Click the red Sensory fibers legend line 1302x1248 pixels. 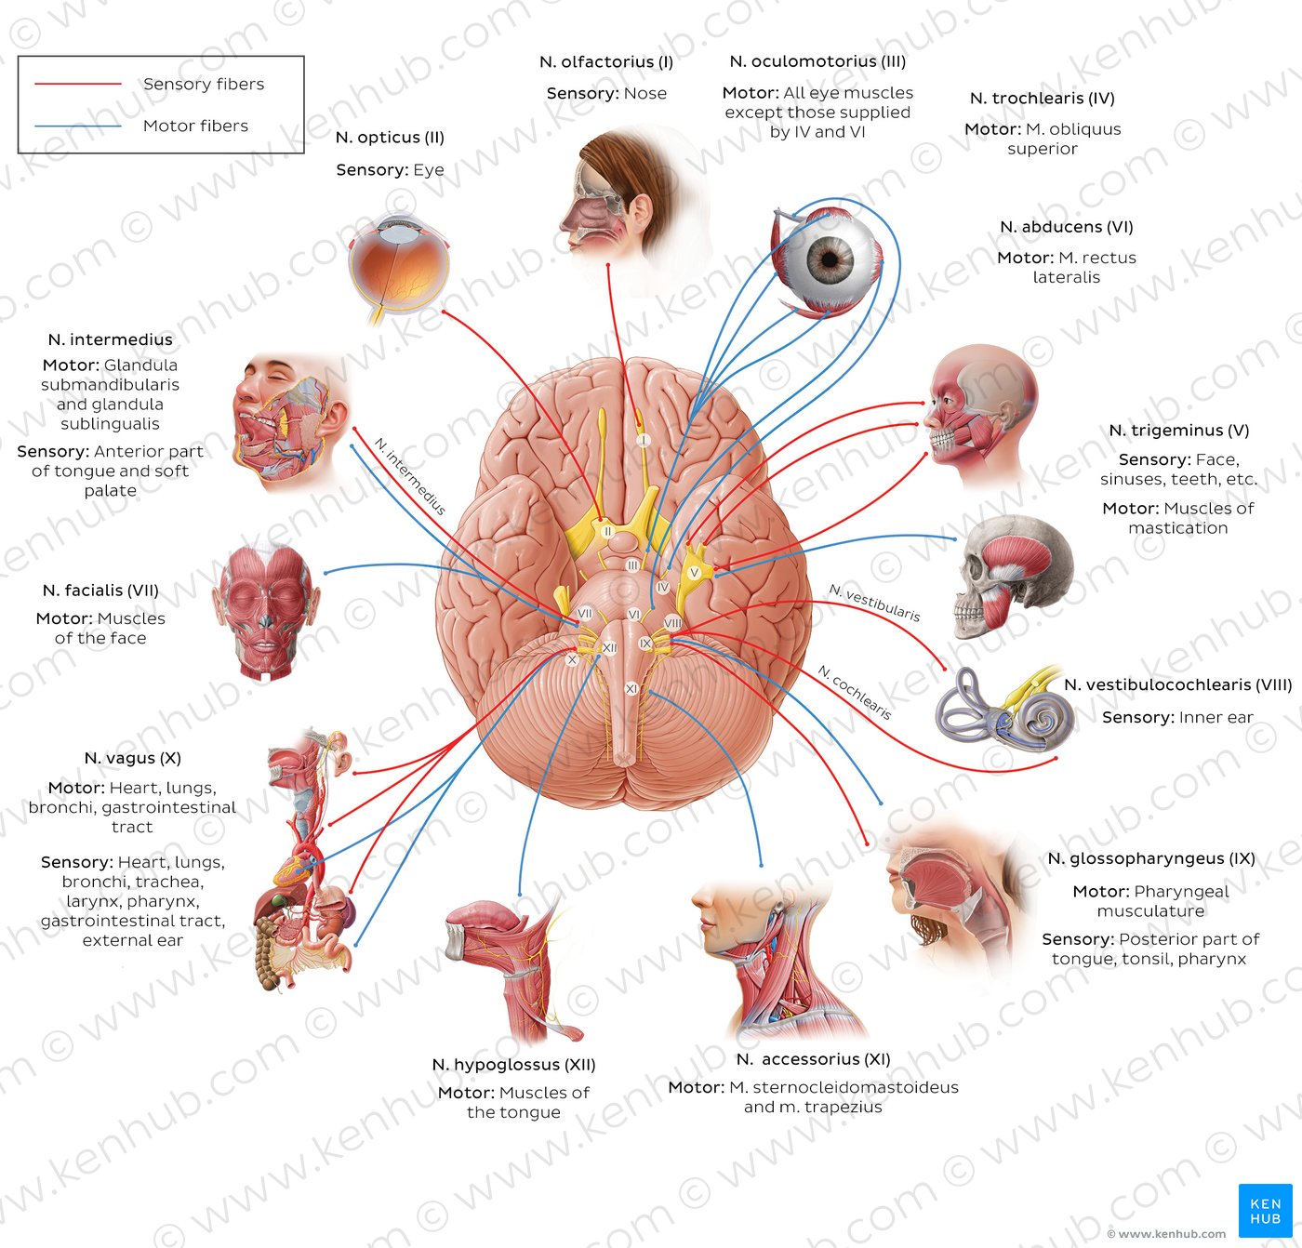pos(78,84)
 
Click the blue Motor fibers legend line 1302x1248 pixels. pos(78,126)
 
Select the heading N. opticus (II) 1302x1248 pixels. pos(390,138)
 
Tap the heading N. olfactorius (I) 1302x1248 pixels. pos(606,62)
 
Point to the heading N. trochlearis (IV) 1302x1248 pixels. pos(1042,99)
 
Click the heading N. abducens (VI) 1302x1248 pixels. pos(1066,227)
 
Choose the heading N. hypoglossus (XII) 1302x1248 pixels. pos(513,1065)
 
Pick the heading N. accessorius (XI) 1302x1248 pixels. pos(813,1059)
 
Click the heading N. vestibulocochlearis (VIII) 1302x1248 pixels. pos(1177,685)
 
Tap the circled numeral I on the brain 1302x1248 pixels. pos(642,440)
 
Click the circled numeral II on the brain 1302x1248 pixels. pos(607,531)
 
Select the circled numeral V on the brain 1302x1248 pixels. pos(694,573)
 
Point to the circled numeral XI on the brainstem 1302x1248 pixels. pos(631,689)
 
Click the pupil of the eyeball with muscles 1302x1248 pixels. pos(830,259)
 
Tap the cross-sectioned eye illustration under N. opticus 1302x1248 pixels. pos(398,265)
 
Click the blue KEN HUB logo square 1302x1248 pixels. pos(1265,1210)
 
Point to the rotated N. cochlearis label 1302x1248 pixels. pos(855,692)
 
